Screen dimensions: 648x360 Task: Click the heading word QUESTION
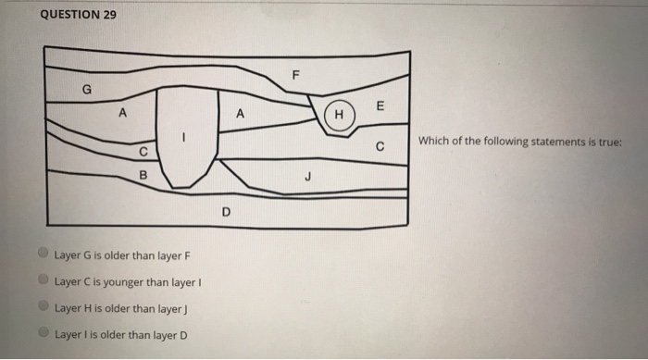[x=69, y=16]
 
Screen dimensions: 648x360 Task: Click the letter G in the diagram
[x=88, y=90]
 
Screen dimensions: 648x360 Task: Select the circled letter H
[x=340, y=116]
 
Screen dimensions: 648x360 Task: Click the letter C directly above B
[x=143, y=153]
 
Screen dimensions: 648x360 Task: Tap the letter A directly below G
[x=118, y=114]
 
